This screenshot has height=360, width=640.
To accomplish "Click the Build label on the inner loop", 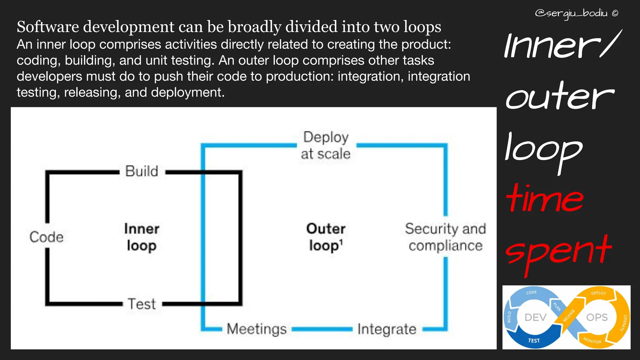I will point(142,171).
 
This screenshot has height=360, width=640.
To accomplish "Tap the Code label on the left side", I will point(47,237).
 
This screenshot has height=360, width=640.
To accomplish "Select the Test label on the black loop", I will point(142,304).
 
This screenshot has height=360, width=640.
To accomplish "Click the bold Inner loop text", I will point(142,237).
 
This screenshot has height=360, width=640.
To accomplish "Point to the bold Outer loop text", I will point(325,237).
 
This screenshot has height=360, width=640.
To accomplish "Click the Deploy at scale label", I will point(326,146).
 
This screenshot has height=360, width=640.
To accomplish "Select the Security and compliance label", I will point(445,237).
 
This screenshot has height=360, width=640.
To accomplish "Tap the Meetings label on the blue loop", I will point(257,329).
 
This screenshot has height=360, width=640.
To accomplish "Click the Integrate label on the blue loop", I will point(387,329).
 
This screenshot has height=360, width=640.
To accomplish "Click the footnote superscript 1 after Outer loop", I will point(341,242).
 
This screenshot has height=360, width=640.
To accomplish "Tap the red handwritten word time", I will point(544,199).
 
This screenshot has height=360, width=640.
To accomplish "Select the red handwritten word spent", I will point(558,252).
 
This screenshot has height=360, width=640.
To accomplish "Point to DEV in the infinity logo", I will point(535,317).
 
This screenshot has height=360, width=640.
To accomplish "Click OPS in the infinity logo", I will point(597,317).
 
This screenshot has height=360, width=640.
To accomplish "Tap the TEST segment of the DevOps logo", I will point(534,341).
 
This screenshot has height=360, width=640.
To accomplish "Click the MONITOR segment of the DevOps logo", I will point(592,341).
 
